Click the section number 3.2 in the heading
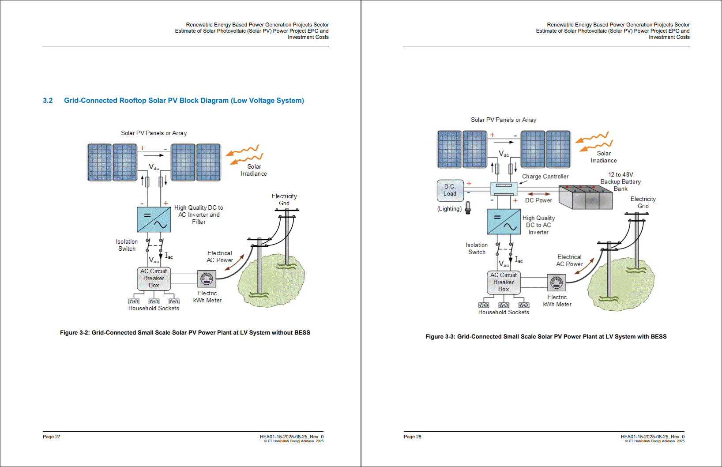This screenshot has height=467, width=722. (48, 101)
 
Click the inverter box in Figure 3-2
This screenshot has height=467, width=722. (154, 219)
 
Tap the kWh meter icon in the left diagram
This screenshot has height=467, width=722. (207, 279)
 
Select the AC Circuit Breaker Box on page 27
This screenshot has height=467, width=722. (154, 279)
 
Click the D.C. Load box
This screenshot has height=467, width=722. (450, 190)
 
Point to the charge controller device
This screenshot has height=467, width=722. (504, 188)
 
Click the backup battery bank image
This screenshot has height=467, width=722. (586, 197)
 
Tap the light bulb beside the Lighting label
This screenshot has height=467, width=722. (468, 207)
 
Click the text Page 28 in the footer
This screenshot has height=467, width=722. (412, 437)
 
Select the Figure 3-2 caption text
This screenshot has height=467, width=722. (185, 333)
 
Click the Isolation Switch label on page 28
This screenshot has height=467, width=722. (477, 249)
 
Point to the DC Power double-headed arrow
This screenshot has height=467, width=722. (539, 194)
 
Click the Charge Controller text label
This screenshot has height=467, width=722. (545, 177)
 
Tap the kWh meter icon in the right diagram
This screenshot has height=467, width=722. (557, 282)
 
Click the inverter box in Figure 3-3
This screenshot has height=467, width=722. (504, 222)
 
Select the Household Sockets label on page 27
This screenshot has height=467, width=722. (154, 309)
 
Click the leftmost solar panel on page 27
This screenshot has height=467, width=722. (99, 162)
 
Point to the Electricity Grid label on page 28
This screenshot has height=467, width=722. (643, 203)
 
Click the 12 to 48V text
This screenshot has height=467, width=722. (620, 175)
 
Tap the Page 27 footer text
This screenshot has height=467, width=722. (51, 437)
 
